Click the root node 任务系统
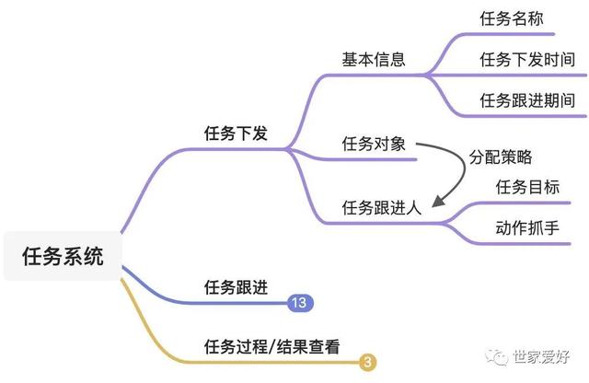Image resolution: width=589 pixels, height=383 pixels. (x=63, y=256)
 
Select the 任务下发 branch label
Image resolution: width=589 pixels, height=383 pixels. (x=236, y=133)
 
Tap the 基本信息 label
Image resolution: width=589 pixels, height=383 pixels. (x=374, y=60)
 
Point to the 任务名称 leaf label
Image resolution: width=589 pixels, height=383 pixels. (x=512, y=18)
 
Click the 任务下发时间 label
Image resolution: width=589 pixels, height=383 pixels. (x=527, y=60)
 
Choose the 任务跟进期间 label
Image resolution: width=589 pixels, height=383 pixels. (x=527, y=100)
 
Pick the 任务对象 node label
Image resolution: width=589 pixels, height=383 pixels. (x=374, y=144)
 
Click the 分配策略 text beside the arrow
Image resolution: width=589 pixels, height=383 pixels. (x=501, y=157)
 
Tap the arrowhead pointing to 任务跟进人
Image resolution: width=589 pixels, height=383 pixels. (x=438, y=201)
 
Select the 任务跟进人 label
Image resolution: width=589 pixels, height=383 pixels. (x=382, y=207)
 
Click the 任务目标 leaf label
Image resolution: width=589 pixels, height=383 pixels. (x=527, y=187)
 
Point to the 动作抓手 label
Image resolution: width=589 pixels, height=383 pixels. (x=527, y=227)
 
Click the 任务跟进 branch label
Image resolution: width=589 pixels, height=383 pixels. (x=236, y=287)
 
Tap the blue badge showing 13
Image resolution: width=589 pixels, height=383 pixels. (x=300, y=303)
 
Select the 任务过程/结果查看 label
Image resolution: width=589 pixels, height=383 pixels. (x=272, y=346)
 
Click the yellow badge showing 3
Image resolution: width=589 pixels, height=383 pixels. (x=368, y=362)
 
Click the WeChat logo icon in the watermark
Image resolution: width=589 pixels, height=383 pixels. (x=496, y=356)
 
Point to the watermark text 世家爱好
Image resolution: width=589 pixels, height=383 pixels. (x=541, y=356)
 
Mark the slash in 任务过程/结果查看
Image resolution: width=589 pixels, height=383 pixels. (x=272, y=347)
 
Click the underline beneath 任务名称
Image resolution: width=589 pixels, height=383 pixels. (x=509, y=34)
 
